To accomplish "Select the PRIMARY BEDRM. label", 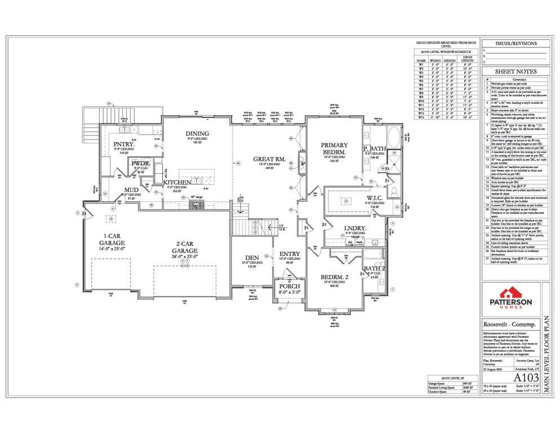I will pyautogui.click(x=334, y=148).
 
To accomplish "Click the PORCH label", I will pyautogui.click(x=290, y=286).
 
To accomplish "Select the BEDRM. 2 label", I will pyautogui.click(x=334, y=277).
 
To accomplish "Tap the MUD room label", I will pyautogui.click(x=131, y=190).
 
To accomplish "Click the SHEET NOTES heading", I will pyautogui.click(x=515, y=72).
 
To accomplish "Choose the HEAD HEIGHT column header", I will pyautogui.click(x=467, y=58).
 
